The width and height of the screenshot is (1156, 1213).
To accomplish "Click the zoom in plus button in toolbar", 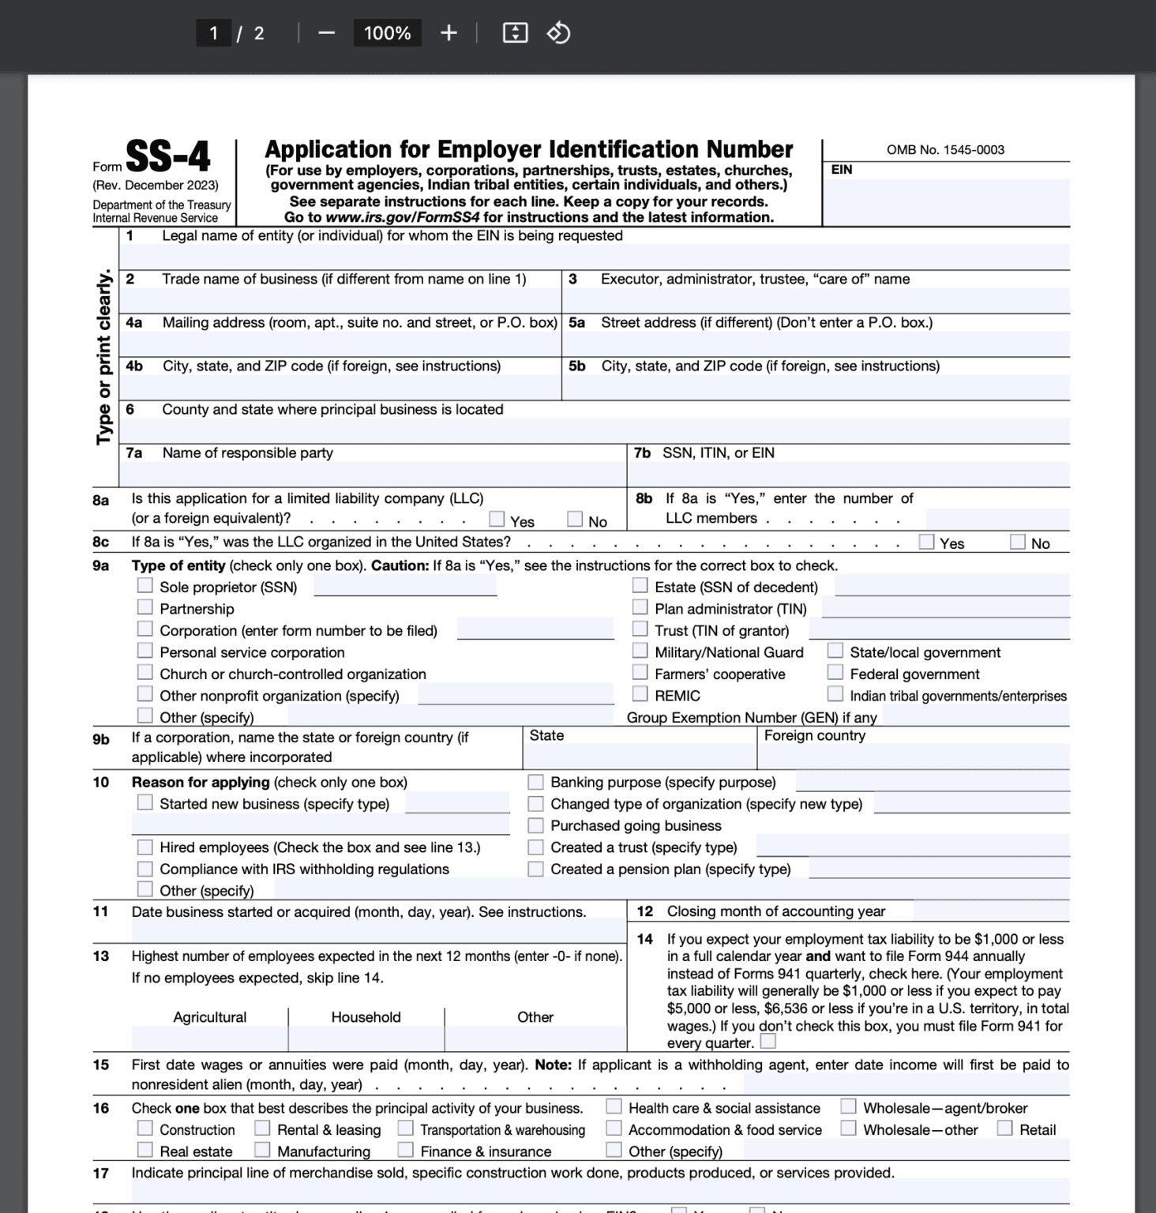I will coord(449,33).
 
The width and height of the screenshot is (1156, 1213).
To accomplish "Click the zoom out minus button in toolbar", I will coord(326,33).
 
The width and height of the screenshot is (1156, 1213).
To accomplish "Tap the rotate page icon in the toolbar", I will coord(559,33).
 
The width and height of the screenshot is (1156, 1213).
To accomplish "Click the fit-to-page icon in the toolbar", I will coord(515,33).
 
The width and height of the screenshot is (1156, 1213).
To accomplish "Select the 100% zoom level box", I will coord(387,33).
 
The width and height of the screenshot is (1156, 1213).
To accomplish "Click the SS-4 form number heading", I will coord(167,156).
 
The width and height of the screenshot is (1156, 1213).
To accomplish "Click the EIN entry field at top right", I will coord(945,201).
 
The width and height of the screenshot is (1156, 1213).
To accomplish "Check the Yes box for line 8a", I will coord(497,520).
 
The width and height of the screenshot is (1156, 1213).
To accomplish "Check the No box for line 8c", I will coord(1018,542).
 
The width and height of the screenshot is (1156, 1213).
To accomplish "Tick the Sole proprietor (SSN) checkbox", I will coord(144,586).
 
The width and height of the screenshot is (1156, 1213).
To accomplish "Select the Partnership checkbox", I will coord(144,607).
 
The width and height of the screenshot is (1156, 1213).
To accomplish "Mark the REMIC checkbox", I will coord(640,694).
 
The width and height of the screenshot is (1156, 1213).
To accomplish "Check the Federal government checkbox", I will coord(835,673).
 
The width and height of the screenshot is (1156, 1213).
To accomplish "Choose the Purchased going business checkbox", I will coord(535,825).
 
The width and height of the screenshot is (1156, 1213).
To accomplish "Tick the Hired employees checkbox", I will coord(144,847).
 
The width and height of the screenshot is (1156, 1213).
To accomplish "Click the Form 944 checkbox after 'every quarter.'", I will coord(768,1042).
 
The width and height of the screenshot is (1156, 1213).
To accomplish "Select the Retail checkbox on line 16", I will coord(1004,1129).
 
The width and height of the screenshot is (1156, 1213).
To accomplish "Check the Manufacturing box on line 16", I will coord(262,1150).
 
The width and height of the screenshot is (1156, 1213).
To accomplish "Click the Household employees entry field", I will coord(366,1038).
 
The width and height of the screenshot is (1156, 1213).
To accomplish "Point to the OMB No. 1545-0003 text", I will coord(945,150).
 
